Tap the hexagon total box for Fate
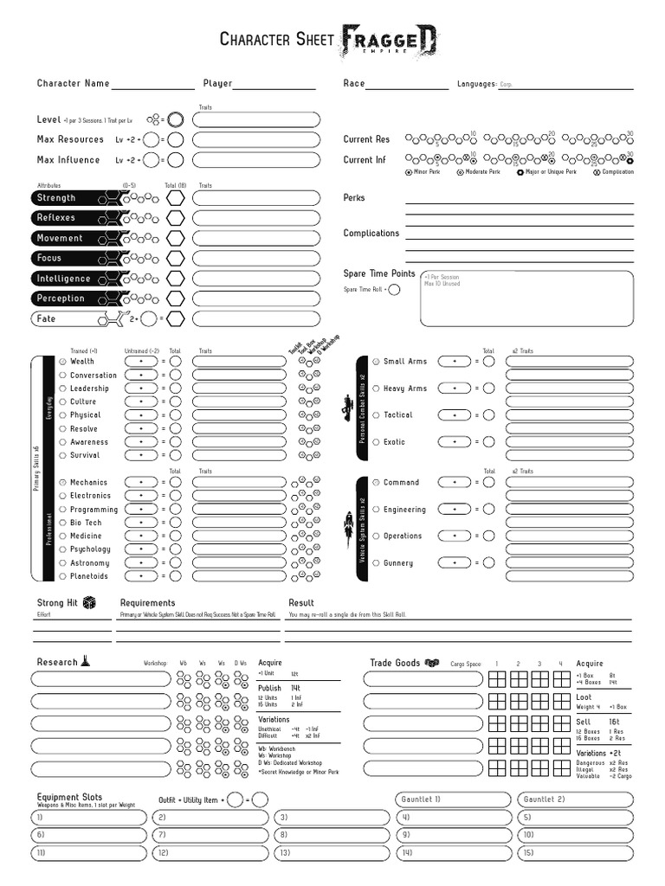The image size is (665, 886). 176,318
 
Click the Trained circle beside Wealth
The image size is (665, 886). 62,362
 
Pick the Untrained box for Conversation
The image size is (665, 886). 141,376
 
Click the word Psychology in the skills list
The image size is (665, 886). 90,549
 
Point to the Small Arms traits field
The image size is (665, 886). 569,362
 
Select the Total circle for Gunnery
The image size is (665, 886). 489,563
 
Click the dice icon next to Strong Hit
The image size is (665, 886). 89,603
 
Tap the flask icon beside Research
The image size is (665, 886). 86,662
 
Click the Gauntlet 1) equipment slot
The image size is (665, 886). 454,799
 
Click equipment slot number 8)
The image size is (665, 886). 332,835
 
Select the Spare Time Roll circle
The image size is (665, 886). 395,290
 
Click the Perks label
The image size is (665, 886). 354,198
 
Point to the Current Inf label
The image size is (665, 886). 365,160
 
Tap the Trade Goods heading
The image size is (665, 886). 395,663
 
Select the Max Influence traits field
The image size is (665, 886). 256,160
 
